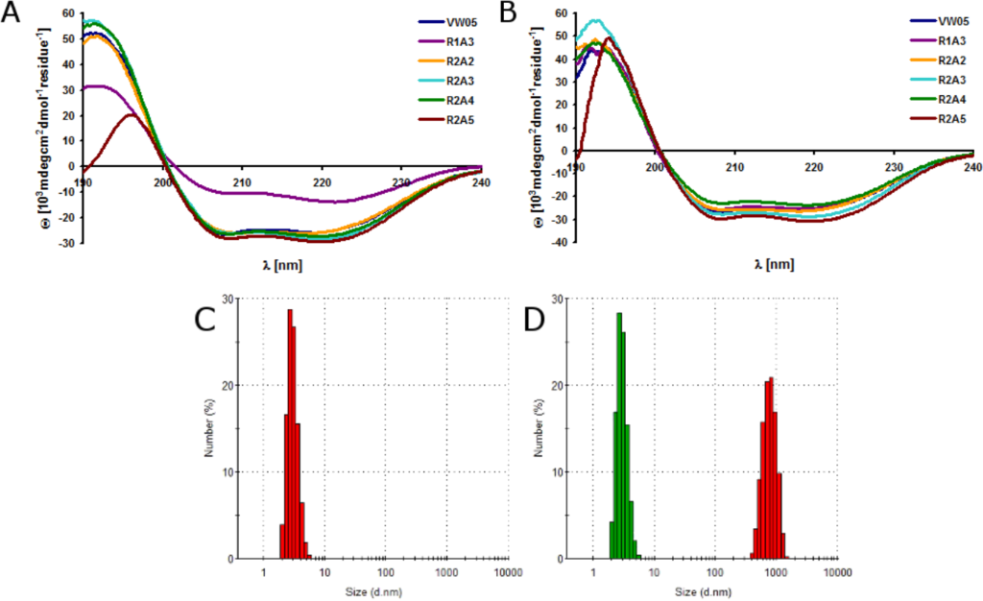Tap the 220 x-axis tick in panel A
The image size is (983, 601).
tap(323, 182)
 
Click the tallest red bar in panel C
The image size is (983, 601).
tap(289, 434)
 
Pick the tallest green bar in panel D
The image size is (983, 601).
tap(619, 436)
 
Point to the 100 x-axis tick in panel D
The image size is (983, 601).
tap(715, 573)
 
